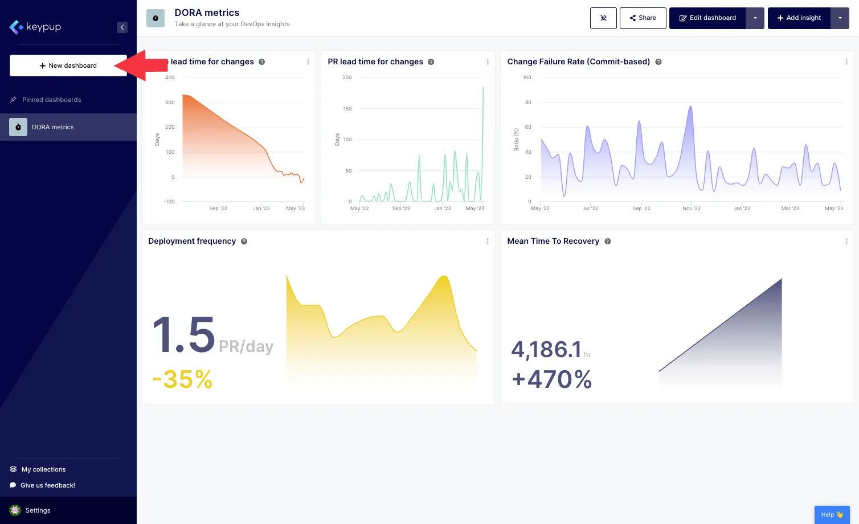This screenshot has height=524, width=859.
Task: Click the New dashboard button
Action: (x=68, y=65)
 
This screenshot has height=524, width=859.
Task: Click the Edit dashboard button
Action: (x=707, y=18)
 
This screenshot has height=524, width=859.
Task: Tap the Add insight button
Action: (x=799, y=18)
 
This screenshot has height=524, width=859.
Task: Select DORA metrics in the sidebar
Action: (x=53, y=127)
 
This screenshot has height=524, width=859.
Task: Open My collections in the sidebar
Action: (x=43, y=469)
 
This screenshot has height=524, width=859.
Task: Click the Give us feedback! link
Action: (x=47, y=485)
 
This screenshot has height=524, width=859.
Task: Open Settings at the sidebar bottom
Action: (x=38, y=510)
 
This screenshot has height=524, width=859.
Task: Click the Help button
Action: (x=832, y=514)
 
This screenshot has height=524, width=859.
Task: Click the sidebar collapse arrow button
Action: (x=122, y=27)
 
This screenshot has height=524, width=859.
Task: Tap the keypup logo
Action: (x=35, y=27)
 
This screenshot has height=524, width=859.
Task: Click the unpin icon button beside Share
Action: (x=603, y=18)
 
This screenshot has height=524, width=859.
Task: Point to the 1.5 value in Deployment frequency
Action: (x=183, y=335)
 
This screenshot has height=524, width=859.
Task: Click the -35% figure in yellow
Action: (x=182, y=379)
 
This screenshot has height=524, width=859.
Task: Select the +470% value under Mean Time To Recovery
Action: (x=551, y=379)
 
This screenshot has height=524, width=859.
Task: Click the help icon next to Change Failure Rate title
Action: (x=658, y=62)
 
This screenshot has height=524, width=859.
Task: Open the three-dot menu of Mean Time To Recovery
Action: (x=846, y=241)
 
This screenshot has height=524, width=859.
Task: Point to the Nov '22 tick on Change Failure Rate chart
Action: (x=692, y=208)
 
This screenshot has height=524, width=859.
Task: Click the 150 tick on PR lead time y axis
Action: (x=347, y=109)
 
